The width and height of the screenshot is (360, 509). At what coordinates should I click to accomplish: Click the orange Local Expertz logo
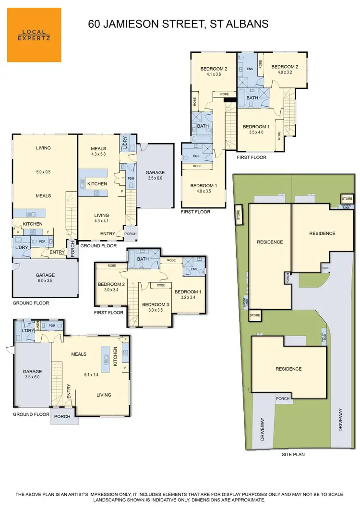click(34, 35)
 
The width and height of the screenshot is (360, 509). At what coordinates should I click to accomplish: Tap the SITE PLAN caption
click(293, 454)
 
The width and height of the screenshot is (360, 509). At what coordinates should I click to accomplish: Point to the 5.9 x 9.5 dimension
click(43, 172)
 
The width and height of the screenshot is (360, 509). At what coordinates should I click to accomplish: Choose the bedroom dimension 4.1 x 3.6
click(213, 75)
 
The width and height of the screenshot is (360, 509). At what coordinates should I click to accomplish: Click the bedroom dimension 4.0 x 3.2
click(284, 73)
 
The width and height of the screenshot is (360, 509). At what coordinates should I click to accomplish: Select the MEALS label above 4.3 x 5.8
click(98, 149)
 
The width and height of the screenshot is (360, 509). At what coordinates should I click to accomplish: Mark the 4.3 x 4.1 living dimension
click(101, 222)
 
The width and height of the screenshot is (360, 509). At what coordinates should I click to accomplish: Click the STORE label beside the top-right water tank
click(347, 198)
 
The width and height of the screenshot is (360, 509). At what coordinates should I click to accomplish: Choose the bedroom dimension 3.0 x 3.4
click(111, 290)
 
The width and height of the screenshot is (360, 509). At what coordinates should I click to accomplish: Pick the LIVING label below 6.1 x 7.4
click(104, 395)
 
